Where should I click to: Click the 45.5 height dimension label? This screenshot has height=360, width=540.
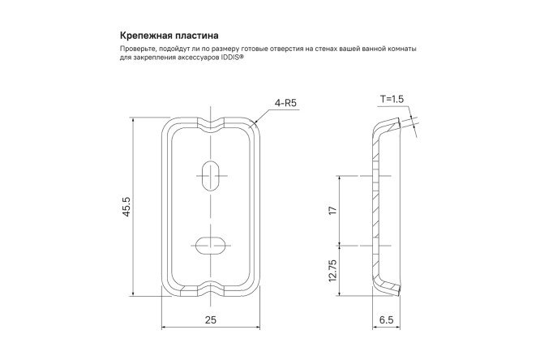(126, 207)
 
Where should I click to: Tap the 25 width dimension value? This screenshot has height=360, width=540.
(211, 320)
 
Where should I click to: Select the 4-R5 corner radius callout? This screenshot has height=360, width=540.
(285, 103)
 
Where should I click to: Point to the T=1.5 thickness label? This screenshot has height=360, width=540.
(392, 99)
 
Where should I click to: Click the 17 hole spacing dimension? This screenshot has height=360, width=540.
(333, 210)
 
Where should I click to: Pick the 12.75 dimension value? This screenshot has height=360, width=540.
(333, 271)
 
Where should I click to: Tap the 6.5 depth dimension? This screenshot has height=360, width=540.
(386, 320)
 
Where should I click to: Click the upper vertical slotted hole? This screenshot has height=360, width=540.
(211, 176)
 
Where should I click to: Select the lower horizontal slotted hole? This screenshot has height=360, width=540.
(211, 246)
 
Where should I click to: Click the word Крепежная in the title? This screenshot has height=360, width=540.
(144, 36)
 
